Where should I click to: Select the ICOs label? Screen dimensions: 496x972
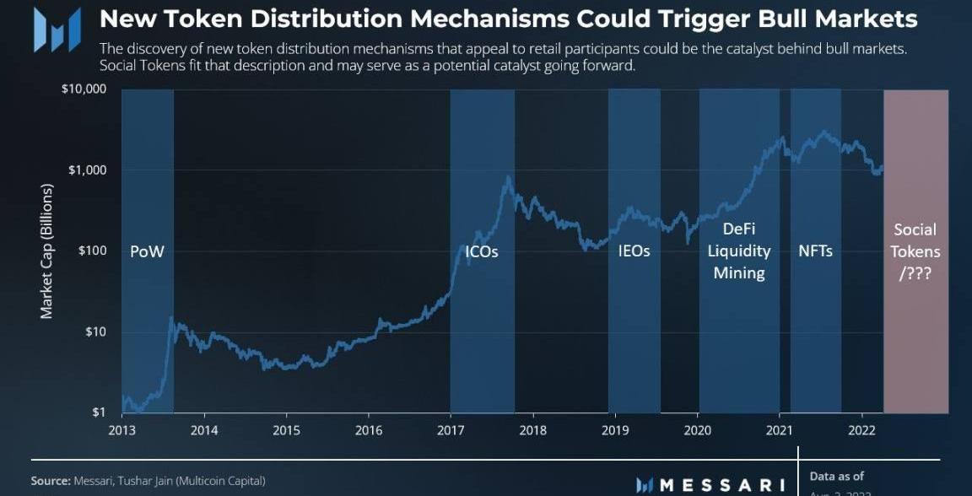(x=482, y=251)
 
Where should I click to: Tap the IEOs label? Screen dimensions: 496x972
(x=634, y=251)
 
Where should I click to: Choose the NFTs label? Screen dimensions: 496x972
(x=815, y=251)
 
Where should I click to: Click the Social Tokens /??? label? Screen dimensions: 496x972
(x=915, y=251)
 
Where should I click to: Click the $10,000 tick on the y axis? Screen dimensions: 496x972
(x=84, y=89)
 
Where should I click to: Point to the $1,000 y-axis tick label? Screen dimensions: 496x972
(x=87, y=170)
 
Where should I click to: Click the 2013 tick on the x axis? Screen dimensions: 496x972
(x=121, y=429)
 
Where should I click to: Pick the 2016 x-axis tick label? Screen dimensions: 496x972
(x=369, y=429)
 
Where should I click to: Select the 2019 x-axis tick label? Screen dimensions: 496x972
(x=615, y=429)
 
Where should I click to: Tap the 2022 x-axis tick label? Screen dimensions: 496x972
(x=861, y=429)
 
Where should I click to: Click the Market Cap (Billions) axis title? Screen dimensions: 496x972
(x=46, y=251)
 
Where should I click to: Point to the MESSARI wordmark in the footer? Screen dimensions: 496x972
(x=710, y=485)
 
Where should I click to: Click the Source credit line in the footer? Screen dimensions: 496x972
(x=148, y=481)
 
